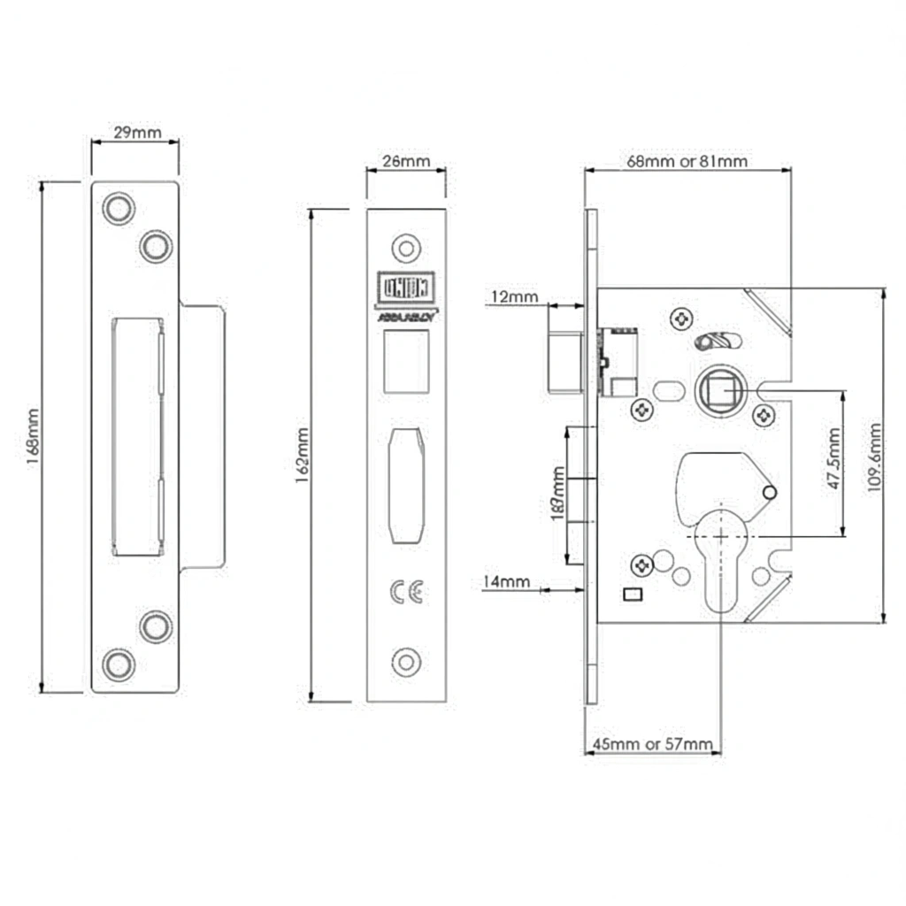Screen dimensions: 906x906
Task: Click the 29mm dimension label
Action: [x=137, y=133]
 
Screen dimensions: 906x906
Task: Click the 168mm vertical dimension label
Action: [x=33, y=437]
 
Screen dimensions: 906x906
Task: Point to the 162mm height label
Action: [x=302, y=456]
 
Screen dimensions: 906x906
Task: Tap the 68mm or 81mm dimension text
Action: [x=687, y=161]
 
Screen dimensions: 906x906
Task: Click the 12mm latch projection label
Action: [x=514, y=297]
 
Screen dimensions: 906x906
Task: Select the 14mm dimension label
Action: [x=506, y=581]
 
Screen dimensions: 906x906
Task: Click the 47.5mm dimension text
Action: [x=833, y=464]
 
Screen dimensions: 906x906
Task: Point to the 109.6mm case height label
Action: [x=875, y=456]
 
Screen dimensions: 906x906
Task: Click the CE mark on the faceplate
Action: [x=406, y=593]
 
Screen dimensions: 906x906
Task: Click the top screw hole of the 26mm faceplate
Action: [x=407, y=248]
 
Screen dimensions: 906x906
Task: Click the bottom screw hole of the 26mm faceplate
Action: [x=407, y=661]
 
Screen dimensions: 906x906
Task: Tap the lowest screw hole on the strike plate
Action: [x=118, y=664]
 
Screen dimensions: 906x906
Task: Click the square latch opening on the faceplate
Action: [x=407, y=358]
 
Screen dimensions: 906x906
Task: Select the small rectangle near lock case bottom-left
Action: [x=633, y=594]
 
